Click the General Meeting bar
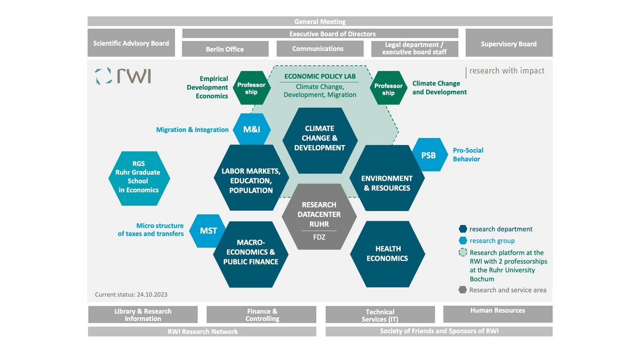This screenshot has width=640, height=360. click(320, 21)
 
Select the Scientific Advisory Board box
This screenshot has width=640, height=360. click(131, 43)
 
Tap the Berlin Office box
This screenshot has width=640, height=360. click(225, 49)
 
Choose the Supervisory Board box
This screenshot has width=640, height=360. click(508, 44)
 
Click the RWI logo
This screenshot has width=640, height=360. click(123, 76)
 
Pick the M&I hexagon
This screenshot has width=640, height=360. click(252, 130)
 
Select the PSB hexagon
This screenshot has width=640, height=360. click(428, 155)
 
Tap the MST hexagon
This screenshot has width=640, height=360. click(209, 231)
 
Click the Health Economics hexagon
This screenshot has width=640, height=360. click(387, 254)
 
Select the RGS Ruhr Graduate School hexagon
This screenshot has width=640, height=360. click(138, 177)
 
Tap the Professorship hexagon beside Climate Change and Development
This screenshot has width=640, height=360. click(388, 89)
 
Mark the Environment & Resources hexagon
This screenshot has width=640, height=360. click(387, 183)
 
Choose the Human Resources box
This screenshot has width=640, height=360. click(498, 310)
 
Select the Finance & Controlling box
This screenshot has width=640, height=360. click(262, 315)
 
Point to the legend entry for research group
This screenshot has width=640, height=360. click(492, 241)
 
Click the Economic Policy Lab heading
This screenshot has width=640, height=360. click(320, 76)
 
